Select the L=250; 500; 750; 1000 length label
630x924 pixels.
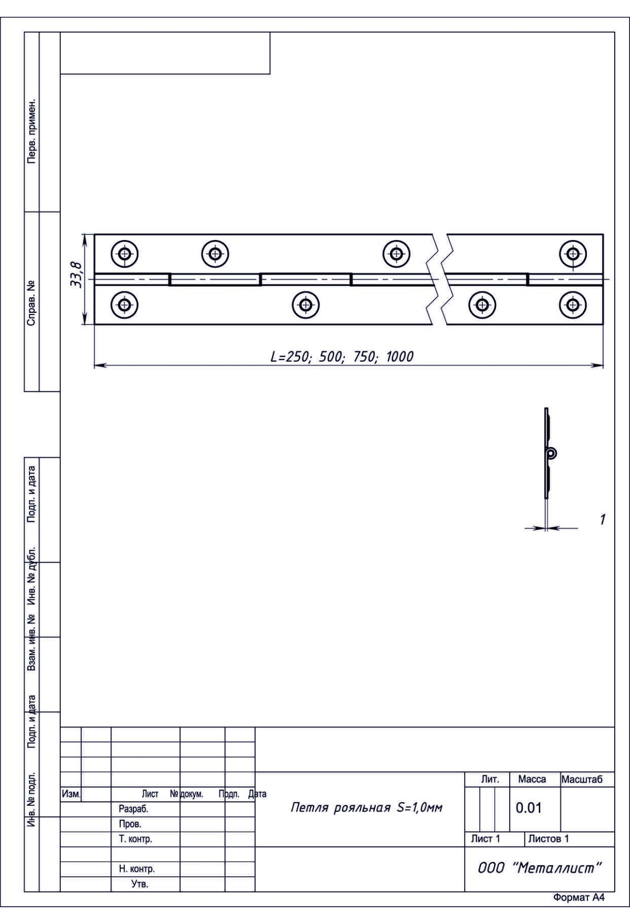342,357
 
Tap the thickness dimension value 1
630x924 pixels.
602,520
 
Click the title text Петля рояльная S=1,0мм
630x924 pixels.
366,808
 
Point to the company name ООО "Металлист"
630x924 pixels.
539,868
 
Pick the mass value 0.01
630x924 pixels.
528,808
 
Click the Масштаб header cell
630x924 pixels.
582,780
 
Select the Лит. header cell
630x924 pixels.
490,780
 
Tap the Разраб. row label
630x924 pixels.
133,809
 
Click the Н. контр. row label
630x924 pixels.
136,869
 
